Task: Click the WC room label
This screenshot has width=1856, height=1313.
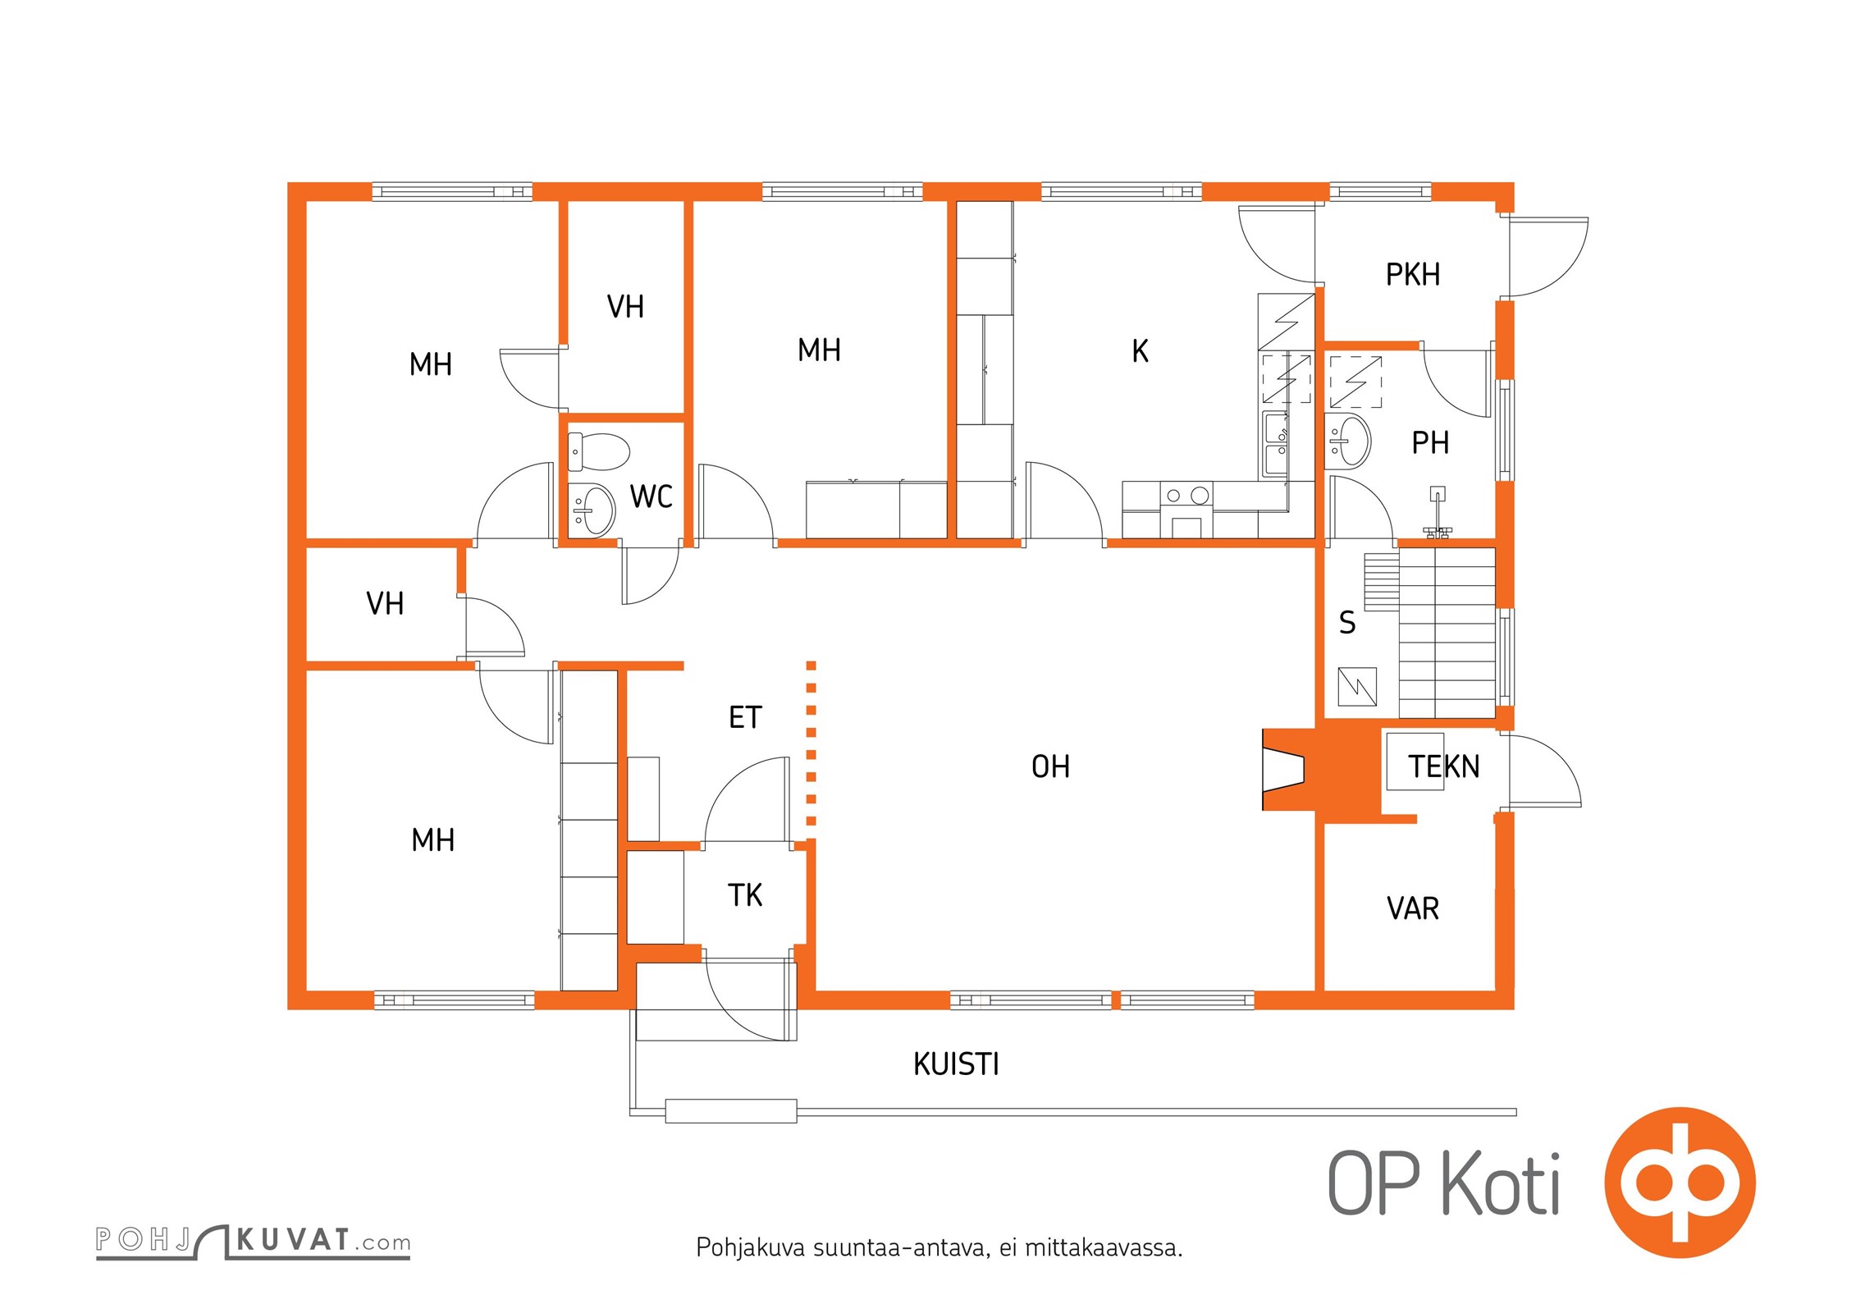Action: [x=651, y=496]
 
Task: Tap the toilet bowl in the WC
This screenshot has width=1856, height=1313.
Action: [x=599, y=452]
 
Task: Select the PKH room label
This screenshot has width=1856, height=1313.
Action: [x=1413, y=274]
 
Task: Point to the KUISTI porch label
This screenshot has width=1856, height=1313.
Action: [x=956, y=1064]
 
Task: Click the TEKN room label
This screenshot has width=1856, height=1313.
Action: [x=1444, y=766]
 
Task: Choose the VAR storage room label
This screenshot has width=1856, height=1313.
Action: [x=1413, y=908]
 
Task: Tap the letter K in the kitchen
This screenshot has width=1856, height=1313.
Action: [x=1140, y=351]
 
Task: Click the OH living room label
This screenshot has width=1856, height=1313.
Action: [x=1050, y=766]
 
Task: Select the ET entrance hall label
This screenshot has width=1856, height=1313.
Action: [x=745, y=717]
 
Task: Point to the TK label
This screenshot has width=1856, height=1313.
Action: [x=745, y=895]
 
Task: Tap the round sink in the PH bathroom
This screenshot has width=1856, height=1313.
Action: [x=1349, y=441]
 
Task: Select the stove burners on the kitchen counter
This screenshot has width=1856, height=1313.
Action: [x=1186, y=495]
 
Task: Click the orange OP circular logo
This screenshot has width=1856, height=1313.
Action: [x=1680, y=1183]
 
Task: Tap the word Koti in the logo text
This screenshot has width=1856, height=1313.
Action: [x=1501, y=1183]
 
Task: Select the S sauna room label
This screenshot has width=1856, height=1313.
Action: [x=1346, y=623]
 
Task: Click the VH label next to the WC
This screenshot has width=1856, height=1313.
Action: [x=625, y=307]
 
